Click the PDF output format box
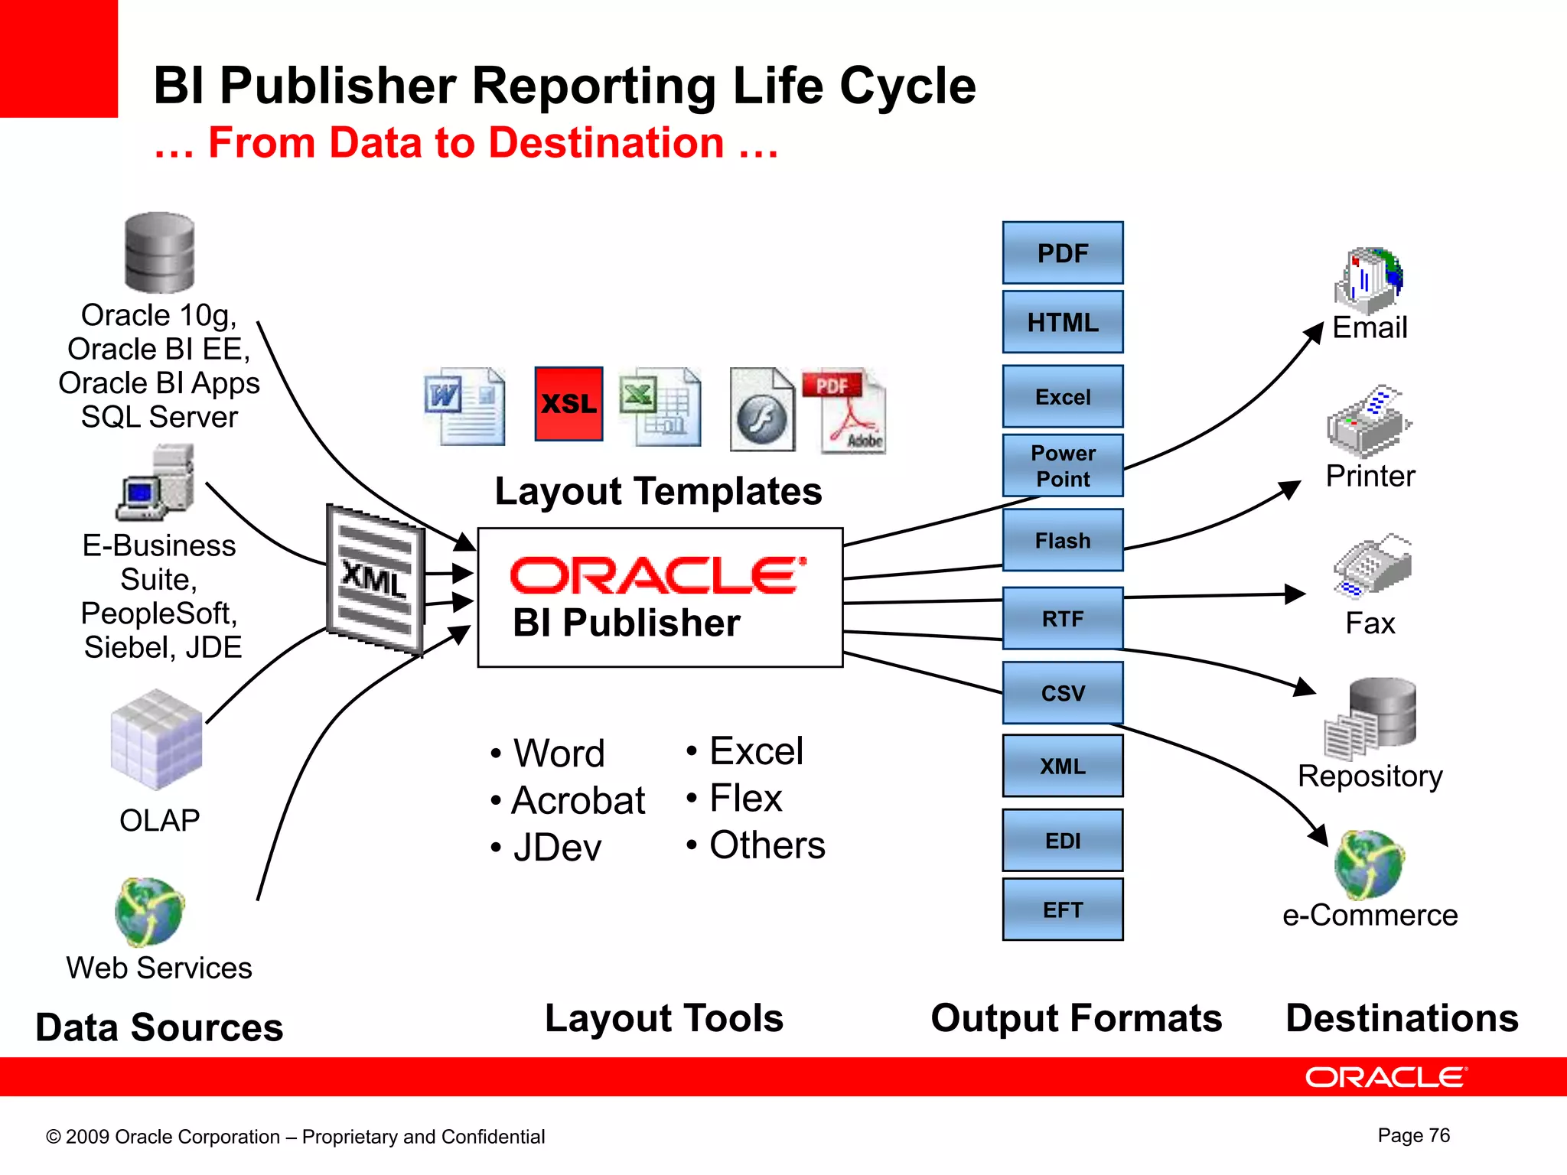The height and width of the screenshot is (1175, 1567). point(1062,253)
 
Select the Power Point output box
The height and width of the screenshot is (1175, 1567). point(1062,465)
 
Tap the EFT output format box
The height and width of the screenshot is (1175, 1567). point(1062,909)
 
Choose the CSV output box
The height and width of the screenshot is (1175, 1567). point(1062,692)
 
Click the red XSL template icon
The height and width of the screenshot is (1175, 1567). point(568,403)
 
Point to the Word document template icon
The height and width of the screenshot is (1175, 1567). point(465,406)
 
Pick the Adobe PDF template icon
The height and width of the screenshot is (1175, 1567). point(845,410)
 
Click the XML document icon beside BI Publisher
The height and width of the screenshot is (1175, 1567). point(375,579)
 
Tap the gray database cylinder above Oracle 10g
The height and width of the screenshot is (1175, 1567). point(159,252)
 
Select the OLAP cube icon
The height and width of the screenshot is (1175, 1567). point(157,740)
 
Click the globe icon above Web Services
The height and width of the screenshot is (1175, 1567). point(150,911)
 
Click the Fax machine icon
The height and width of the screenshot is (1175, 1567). point(1373,566)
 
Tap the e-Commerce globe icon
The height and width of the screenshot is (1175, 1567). point(1369,864)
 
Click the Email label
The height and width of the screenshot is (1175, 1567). point(1369,327)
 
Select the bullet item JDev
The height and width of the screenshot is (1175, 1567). point(557,848)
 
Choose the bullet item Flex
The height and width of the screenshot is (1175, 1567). point(745,799)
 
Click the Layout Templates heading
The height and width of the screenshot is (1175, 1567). point(658,491)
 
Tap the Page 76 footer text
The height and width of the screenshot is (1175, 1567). point(1413,1135)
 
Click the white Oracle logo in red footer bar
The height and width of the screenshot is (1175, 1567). point(1386,1077)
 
